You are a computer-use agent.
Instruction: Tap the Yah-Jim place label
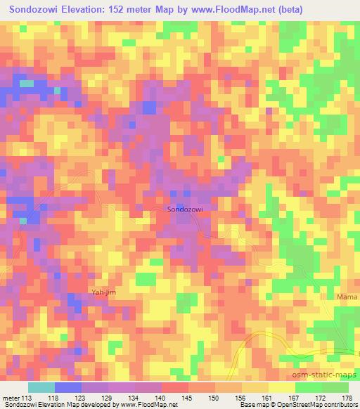click(x=102, y=292)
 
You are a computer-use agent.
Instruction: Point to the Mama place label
click(x=347, y=298)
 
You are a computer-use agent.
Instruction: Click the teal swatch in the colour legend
click(x=41, y=387)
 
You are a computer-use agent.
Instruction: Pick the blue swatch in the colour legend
click(x=67, y=387)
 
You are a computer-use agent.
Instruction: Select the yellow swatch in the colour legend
click(x=281, y=387)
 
